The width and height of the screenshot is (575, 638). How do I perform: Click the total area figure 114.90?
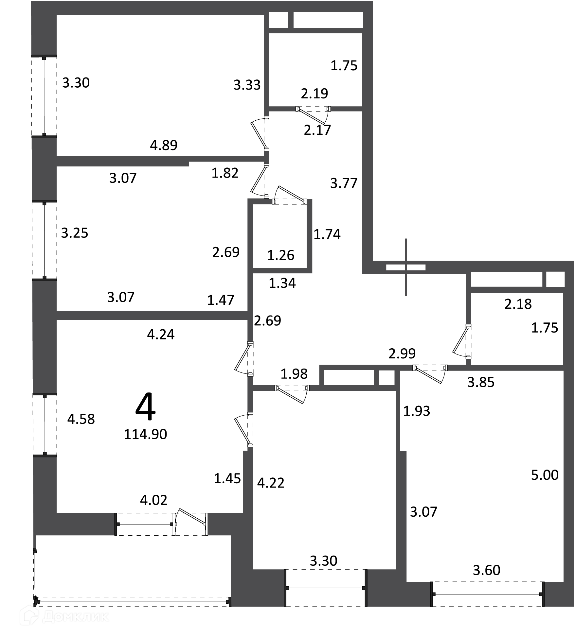146,434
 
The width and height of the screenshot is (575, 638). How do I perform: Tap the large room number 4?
146,407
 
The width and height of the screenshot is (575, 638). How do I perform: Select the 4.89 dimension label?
164,145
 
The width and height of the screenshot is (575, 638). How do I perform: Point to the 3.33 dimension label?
247,85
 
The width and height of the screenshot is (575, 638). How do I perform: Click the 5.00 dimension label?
545,475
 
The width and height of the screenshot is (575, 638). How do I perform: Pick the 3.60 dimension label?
487,571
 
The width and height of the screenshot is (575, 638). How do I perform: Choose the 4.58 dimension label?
81,419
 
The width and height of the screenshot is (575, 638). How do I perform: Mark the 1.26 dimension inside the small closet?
281,255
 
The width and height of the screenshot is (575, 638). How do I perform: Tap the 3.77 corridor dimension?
344,183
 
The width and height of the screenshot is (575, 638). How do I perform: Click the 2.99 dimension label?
402,353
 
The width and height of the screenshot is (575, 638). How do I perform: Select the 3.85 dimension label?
481,382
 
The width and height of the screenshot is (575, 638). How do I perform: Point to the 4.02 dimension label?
154,500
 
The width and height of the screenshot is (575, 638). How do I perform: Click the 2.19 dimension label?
314,94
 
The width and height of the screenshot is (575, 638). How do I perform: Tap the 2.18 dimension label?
518,304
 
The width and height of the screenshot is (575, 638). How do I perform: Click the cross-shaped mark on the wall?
406,267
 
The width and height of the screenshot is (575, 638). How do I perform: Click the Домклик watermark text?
76,617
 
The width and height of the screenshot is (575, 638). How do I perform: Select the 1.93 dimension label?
417,411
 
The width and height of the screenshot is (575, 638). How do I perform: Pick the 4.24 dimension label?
161,335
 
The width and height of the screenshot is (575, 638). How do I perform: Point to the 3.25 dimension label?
75,233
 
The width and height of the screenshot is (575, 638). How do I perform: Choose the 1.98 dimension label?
294,374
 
